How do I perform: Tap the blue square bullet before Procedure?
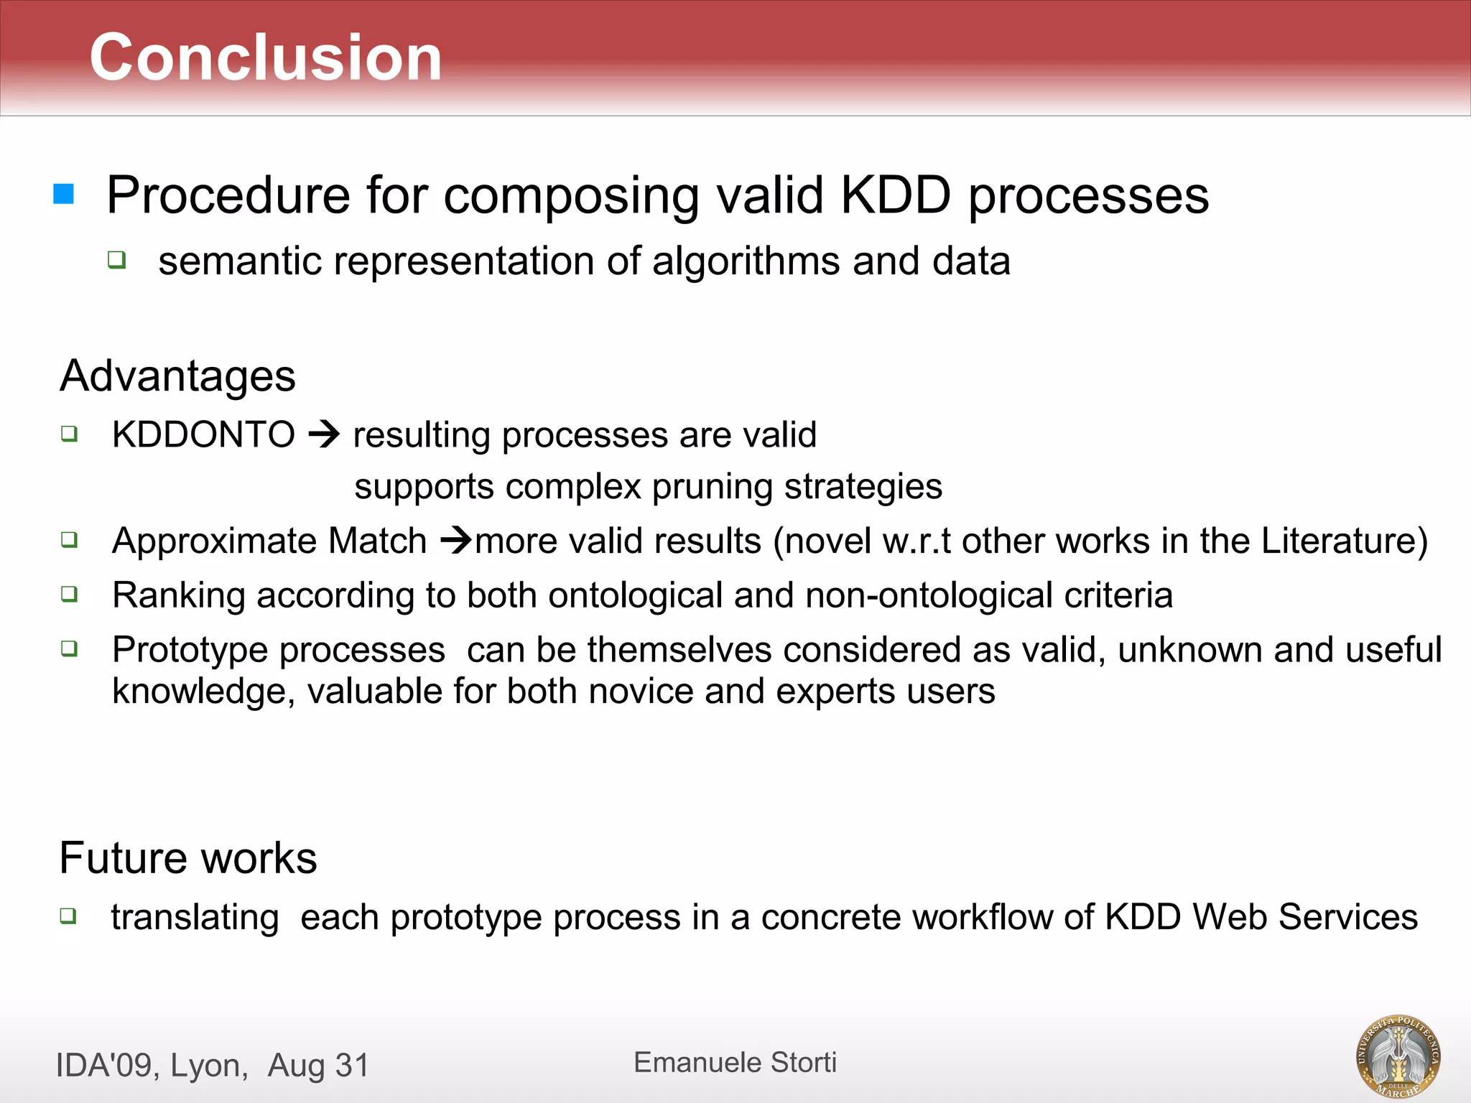coord(64,194)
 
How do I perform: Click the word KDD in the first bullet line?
coord(895,195)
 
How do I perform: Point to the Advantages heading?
coord(177,376)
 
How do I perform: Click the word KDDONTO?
coord(203,434)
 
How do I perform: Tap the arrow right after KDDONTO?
coord(324,434)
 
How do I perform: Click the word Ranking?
coord(179,595)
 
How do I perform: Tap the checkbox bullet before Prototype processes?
coord(69,648)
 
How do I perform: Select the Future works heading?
coord(187,857)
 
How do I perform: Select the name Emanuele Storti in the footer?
coord(735,1062)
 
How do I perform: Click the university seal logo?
coord(1398,1056)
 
